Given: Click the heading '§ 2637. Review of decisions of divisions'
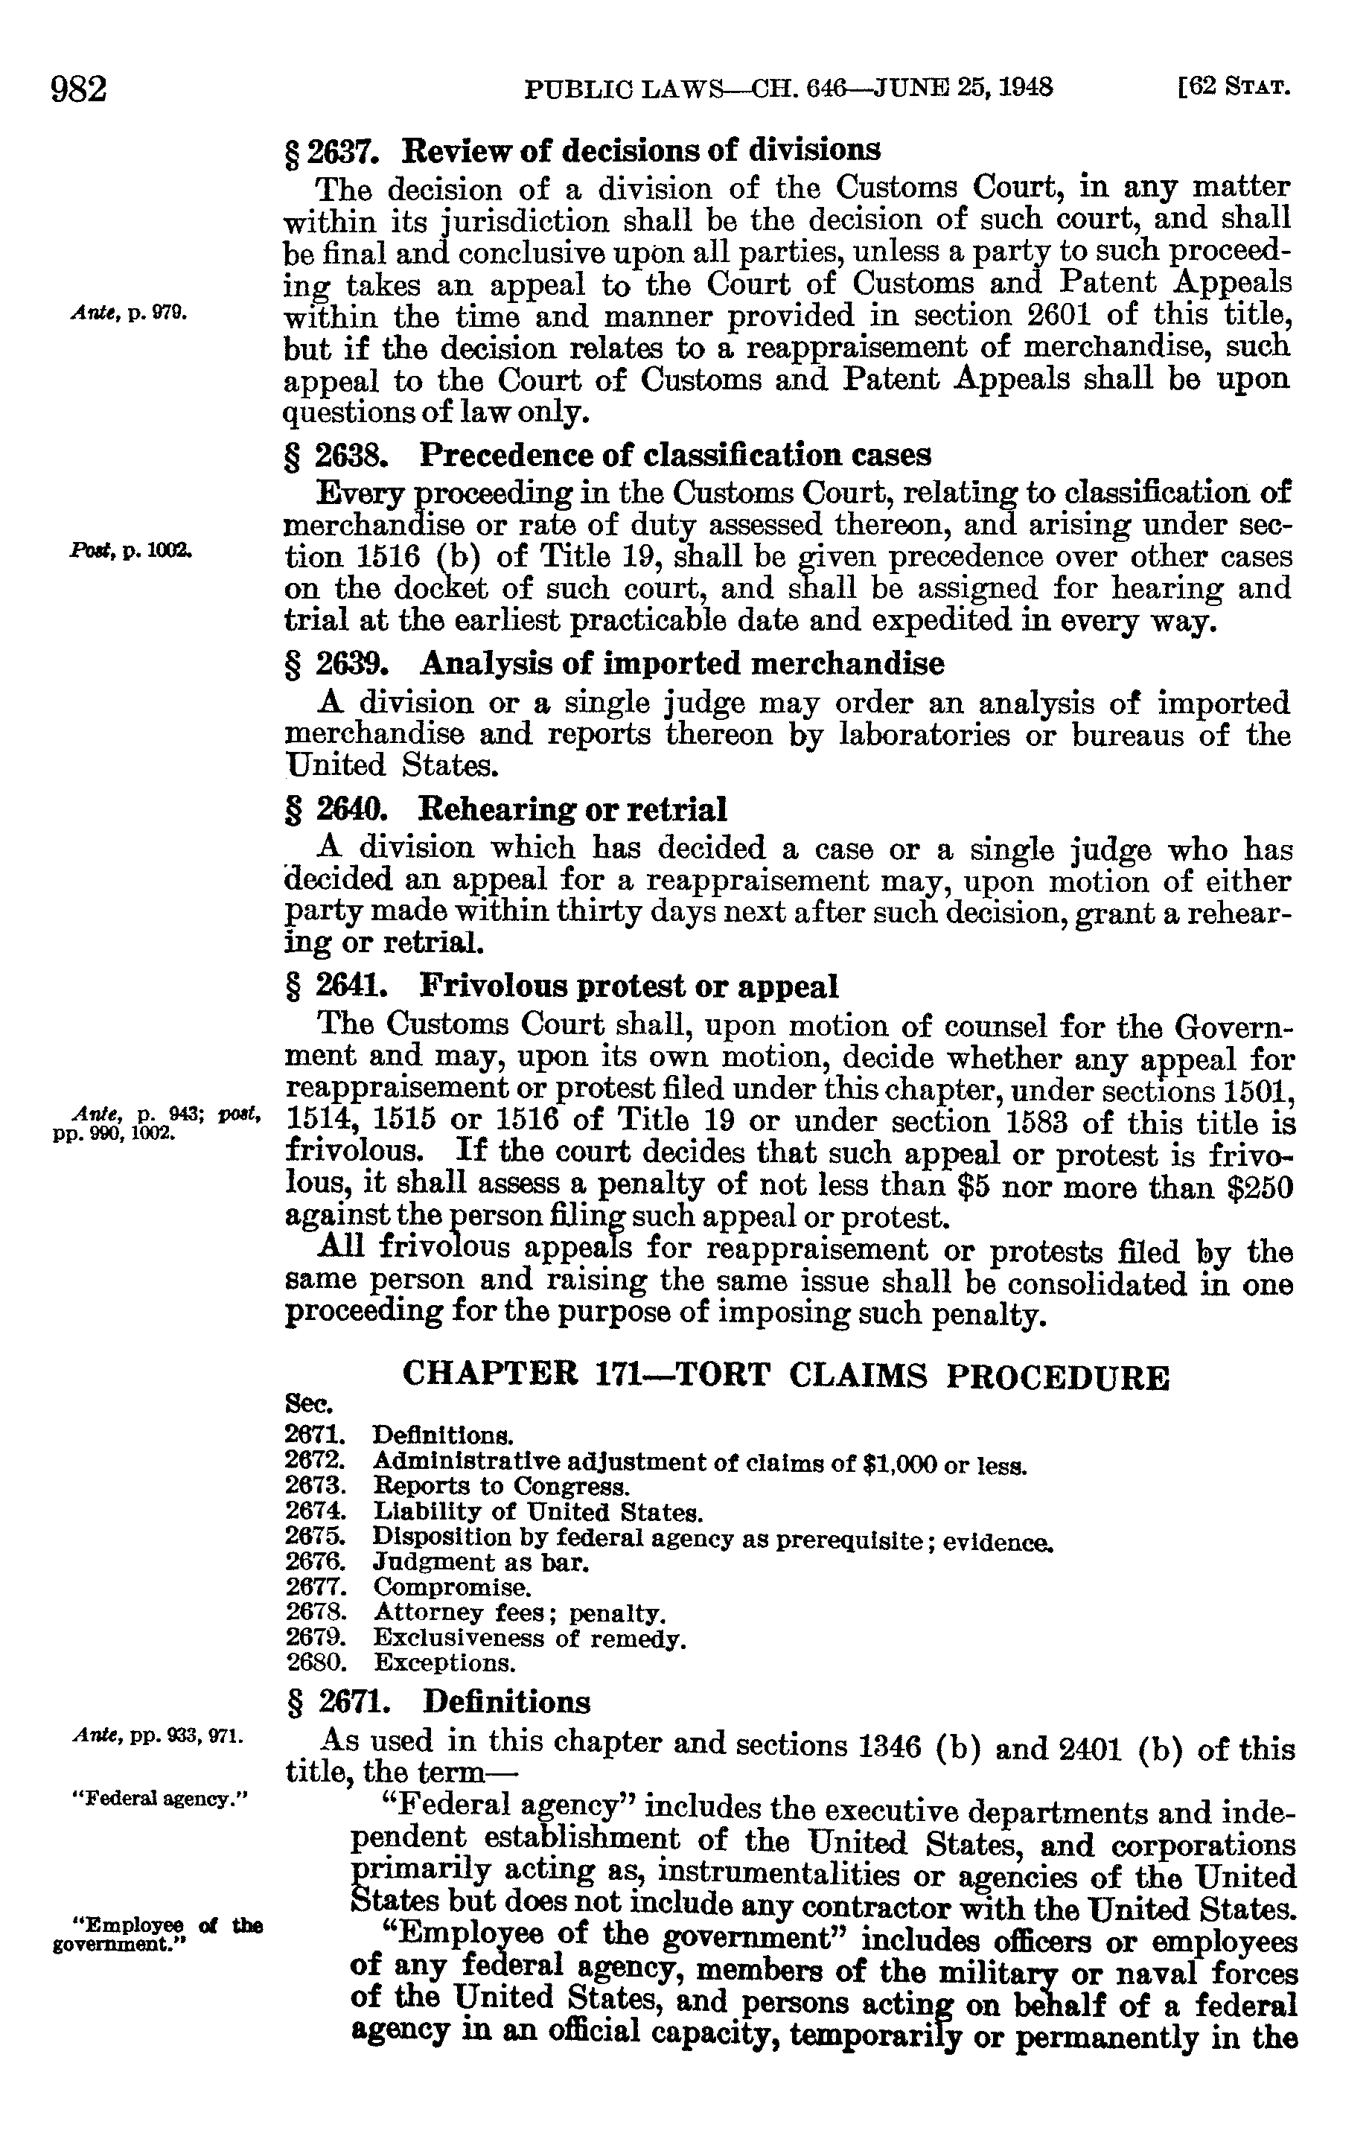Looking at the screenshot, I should tap(582, 150).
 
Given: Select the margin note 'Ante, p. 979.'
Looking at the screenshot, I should tap(127, 313).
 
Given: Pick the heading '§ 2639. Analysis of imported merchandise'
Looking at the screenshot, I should tap(613, 663).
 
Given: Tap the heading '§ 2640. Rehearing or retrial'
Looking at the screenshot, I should tap(505, 809).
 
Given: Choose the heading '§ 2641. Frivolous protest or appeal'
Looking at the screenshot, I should tap(561, 986).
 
